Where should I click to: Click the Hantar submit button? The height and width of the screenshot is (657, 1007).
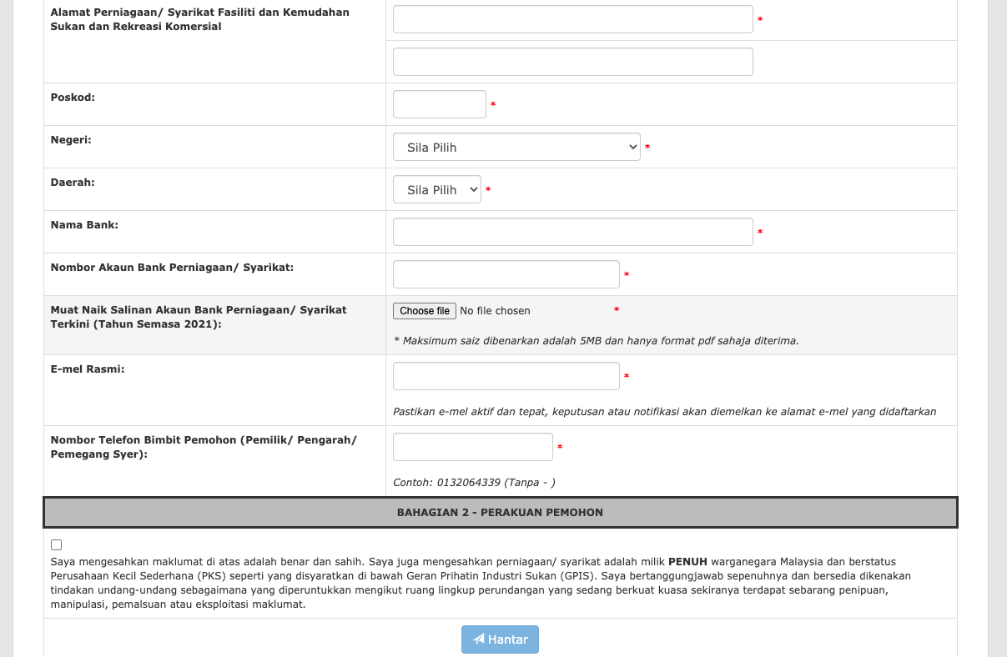pyautogui.click(x=500, y=639)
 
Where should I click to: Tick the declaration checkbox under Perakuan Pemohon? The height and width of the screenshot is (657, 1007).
pyautogui.click(x=56, y=545)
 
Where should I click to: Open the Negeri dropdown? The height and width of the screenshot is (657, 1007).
pyautogui.click(x=516, y=148)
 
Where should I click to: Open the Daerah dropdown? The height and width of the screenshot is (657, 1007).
pyautogui.click(x=437, y=190)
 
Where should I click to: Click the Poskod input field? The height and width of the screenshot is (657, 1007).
pyautogui.click(x=439, y=104)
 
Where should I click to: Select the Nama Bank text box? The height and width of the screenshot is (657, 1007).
pyautogui.click(x=572, y=232)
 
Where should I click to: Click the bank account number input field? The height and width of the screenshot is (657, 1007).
pyautogui.click(x=506, y=274)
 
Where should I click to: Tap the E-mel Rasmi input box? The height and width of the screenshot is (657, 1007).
pyautogui.click(x=506, y=376)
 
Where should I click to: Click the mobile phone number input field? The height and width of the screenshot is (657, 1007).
pyautogui.click(x=472, y=447)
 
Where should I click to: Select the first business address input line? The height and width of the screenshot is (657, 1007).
pyautogui.click(x=572, y=19)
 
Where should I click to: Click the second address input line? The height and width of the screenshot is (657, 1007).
pyautogui.click(x=572, y=62)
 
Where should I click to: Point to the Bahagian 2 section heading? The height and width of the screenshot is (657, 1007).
pyautogui.click(x=500, y=513)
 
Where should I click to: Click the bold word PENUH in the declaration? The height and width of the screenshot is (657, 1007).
pyautogui.click(x=687, y=562)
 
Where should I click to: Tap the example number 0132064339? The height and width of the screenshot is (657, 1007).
pyautogui.click(x=468, y=483)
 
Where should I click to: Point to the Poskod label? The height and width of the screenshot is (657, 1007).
pyautogui.click(x=73, y=97)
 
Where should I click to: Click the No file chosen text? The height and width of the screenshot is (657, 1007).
pyautogui.click(x=495, y=311)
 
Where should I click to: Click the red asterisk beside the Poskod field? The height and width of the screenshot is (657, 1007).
pyautogui.click(x=493, y=105)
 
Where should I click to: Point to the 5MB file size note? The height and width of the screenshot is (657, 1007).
pyautogui.click(x=596, y=340)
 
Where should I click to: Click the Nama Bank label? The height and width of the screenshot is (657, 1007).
pyautogui.click(x=84, y=224)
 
